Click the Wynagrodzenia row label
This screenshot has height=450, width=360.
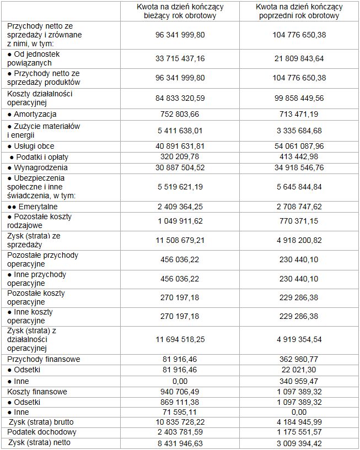pos(37,167)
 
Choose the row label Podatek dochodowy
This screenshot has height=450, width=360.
pos(41,432)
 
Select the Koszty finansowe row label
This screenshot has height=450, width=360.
pos(37,392)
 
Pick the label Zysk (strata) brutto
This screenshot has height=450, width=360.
pos(42,422)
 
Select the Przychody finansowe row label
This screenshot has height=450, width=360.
pos(44,359)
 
